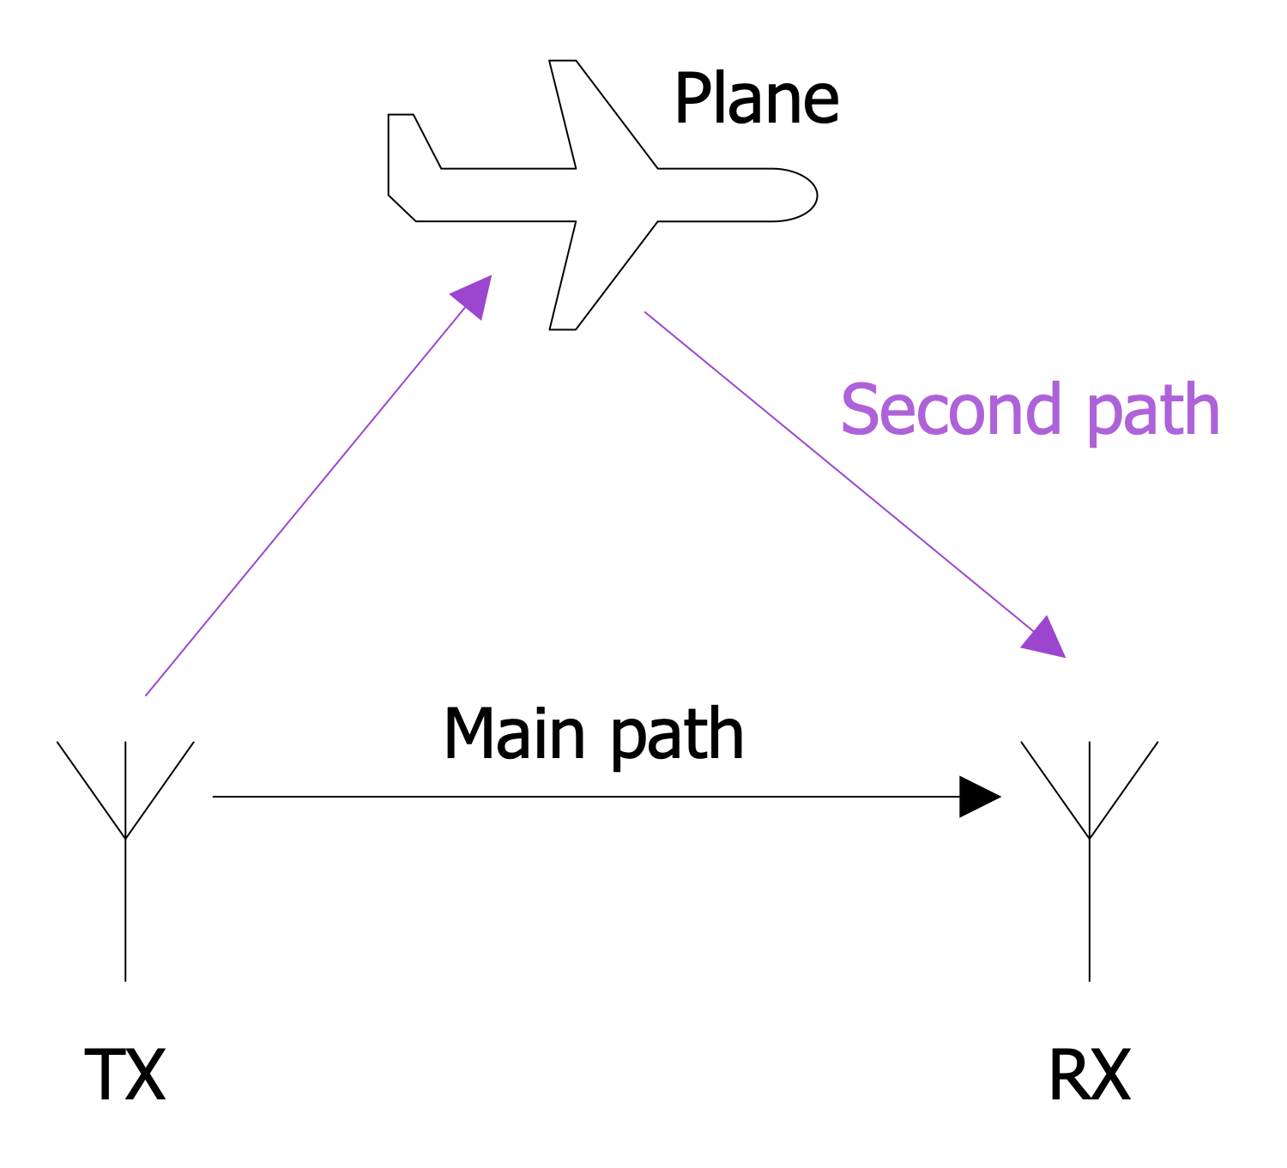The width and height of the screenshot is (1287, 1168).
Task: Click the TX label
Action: point(124,1075)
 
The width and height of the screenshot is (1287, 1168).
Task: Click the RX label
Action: point(1089,1075)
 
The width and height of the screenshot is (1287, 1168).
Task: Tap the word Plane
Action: point(756,99)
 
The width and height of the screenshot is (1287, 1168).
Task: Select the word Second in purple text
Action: point(951,410)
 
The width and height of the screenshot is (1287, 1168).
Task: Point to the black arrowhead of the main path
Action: point(978,797)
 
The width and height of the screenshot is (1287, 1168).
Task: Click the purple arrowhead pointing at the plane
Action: point(474,295)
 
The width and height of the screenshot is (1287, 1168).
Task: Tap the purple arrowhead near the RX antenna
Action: point(1045,639)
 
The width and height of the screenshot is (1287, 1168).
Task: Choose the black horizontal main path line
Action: point(583,797)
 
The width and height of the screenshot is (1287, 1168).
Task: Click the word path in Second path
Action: point(1152,412)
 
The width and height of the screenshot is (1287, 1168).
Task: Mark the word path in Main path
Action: point(678,736)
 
